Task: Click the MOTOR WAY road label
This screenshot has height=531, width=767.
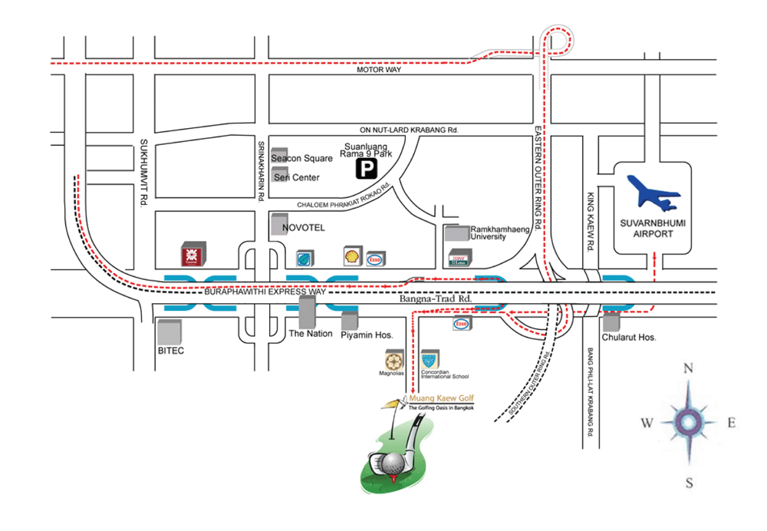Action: click(x=380, y=70)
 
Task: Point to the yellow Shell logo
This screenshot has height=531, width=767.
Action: click(x=352, y=256)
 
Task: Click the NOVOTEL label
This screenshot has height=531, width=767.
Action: click(x=304, y=228)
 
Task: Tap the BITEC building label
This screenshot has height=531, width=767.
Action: click(x=170, y=350)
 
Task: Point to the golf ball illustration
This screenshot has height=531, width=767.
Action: click(x=391, y=463)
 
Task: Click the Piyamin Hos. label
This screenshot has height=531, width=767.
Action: click(x=367, y=335)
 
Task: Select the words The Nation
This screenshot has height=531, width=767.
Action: click(x=310, y=334)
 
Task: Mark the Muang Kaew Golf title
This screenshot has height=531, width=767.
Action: click(x=442, y=399)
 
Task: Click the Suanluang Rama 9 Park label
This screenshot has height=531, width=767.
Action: click(x=367, y=149)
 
